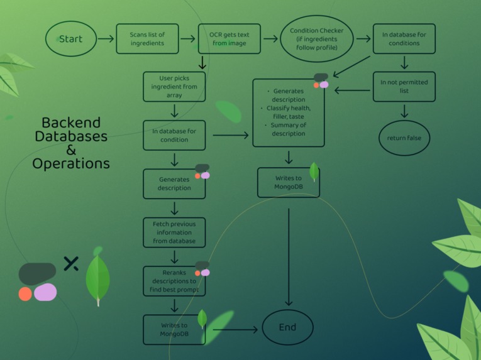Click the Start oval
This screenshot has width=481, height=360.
click(x=71, y=39)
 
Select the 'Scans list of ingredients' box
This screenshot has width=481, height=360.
click(x=148, y=39)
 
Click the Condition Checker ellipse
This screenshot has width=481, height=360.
click(x=317, y=39)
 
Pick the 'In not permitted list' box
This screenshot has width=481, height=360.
click(x=404, y=86)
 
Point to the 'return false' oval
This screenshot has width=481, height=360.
click(x=404, y=138)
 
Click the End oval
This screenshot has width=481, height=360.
click(x=287, y=327)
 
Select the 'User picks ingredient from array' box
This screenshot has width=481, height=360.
click(x=174, y=86)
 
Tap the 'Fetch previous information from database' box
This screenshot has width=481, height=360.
click(x=174, y=232)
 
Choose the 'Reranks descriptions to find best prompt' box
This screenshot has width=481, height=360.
click(x=174, y=281)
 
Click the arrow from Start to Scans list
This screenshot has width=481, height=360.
click(x=106, y=39)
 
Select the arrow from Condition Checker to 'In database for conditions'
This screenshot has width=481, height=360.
click(x=363, y=39)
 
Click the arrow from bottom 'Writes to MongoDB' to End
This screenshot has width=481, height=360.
click(x=233, y=329)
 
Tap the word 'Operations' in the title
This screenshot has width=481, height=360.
click(x=71, y=164)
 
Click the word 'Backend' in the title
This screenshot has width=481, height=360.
click(x=71, y=123)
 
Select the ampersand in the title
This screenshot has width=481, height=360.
click(x=71, y=150)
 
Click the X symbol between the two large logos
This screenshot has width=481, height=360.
click(x=71, y=263)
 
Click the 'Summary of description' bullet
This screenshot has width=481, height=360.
click(x=289, y=129)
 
